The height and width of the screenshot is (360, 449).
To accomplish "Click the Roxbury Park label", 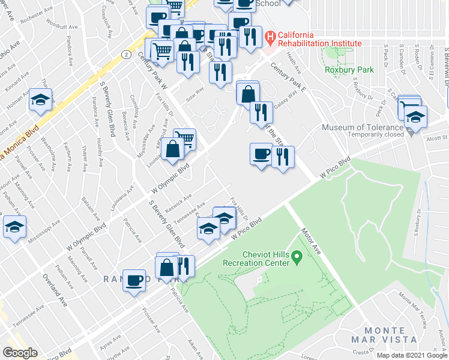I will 349,70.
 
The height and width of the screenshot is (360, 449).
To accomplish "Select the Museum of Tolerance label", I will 362,127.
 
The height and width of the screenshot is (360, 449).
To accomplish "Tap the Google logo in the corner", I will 20,353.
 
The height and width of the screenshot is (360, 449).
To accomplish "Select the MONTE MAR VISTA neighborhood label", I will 385,335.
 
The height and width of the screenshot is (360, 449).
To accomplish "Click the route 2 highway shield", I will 125,54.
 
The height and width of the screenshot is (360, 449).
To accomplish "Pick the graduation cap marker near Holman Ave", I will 40,100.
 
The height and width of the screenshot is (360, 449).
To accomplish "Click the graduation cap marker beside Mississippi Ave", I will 14,227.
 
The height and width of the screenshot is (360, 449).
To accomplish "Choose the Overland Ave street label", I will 53,287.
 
